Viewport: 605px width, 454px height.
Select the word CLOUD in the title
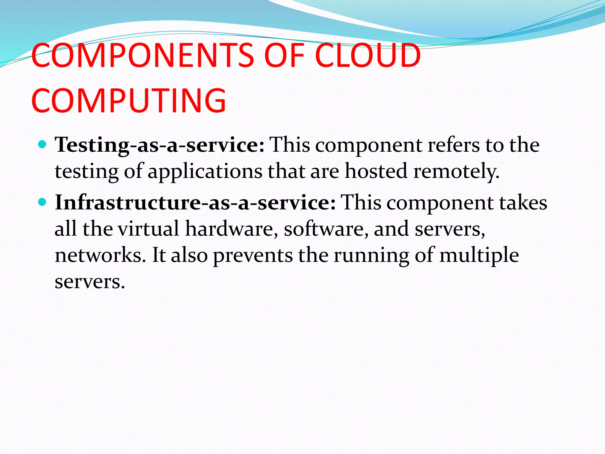[x=368, y=56]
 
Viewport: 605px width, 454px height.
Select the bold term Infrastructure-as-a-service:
[x=195, y=203]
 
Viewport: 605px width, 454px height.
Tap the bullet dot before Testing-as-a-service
[x=43, y=145]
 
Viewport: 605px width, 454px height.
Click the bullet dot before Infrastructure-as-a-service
[x=43, y=202]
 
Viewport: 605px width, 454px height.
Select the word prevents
[x=253, y=256]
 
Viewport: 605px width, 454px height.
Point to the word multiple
[x=479, y=256]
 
